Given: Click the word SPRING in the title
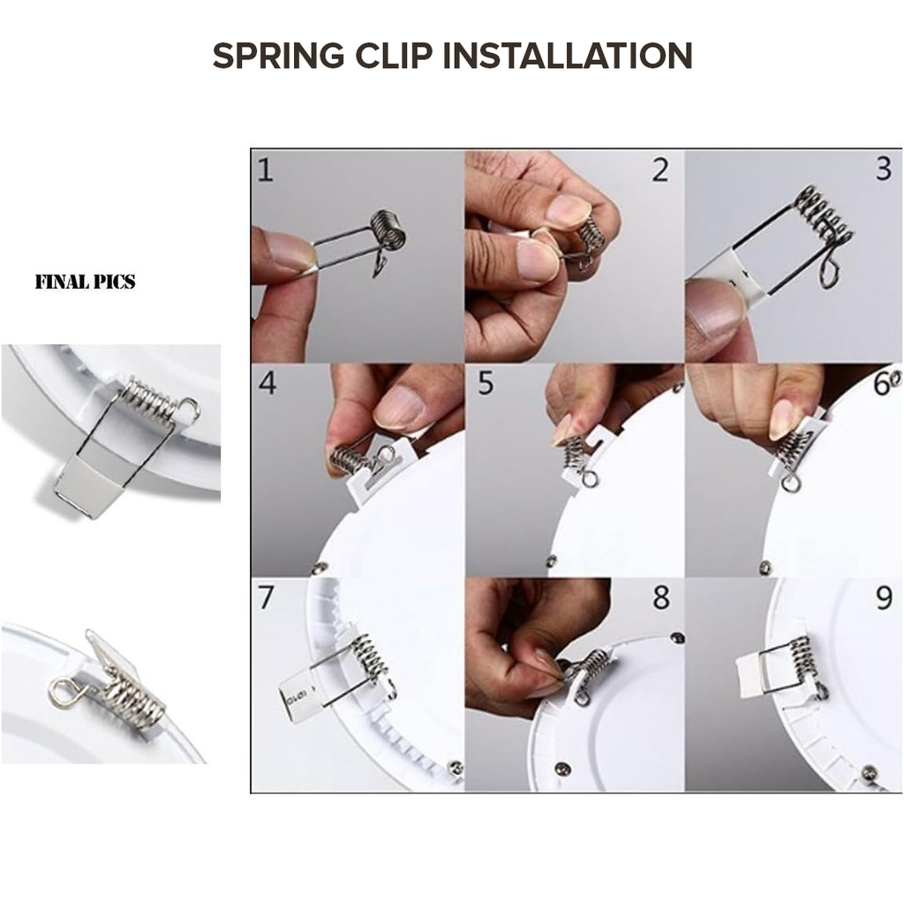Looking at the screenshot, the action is pos(278,56).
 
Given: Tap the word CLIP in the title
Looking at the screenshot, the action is pos(393,56).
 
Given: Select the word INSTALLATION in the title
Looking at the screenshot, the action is pos(568,56).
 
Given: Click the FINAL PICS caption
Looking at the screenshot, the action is pos(86,282).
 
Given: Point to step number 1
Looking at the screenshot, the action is pos(265,170).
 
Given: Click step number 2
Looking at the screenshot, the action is pos(660,170).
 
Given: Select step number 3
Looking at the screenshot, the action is pos(884,169).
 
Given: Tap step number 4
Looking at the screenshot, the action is pos(267,383).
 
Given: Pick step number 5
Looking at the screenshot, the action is pos(486,383).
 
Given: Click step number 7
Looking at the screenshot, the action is pos(265,598).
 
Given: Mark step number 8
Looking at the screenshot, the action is pos(661,598).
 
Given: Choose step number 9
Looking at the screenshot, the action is pos(884,599).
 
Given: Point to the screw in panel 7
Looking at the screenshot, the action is pos(456,767).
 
